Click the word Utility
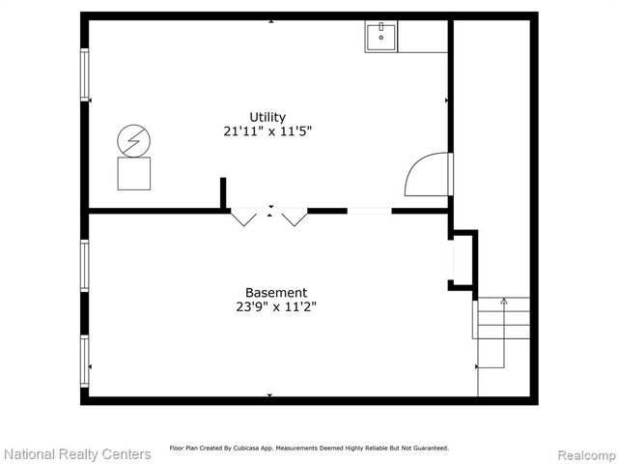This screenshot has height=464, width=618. coord(267,117)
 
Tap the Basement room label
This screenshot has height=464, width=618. coord(276,292)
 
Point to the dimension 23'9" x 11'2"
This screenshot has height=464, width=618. coord(276,307)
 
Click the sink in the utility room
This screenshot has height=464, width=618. coord(381,37)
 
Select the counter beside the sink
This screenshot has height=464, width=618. coord(423,37)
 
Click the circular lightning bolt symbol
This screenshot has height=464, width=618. coord(133,141)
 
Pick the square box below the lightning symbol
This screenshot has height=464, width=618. coord(133,174)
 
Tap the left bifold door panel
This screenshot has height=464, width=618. coord(244,217)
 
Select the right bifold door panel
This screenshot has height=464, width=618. coord(294,217)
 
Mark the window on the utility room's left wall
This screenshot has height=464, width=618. coord(84,74)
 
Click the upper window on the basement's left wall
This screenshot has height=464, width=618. coord(84,265)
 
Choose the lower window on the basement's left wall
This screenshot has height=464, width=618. coord(84,361)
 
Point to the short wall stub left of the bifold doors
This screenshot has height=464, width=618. coord(223,193)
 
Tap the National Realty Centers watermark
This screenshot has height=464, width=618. coord(77,453)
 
